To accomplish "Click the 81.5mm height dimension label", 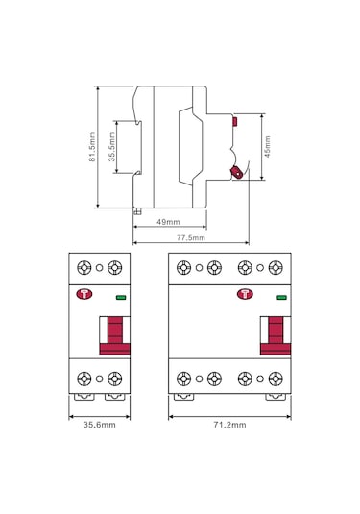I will tap(92, 147).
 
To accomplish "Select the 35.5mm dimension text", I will tap(111, 148).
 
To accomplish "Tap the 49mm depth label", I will tap(167, 222).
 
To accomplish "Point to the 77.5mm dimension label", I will tap(190, 237).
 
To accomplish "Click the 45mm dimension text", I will tap(267, 147).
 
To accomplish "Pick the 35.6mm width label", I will tap(99, 424).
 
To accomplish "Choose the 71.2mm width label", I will tap(228, 424).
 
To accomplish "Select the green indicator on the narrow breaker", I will tap(121, 299).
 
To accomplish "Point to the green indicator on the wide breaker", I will tap(281, 299).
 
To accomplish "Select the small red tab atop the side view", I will tap(235, 121).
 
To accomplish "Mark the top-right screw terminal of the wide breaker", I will tap(276, 268).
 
